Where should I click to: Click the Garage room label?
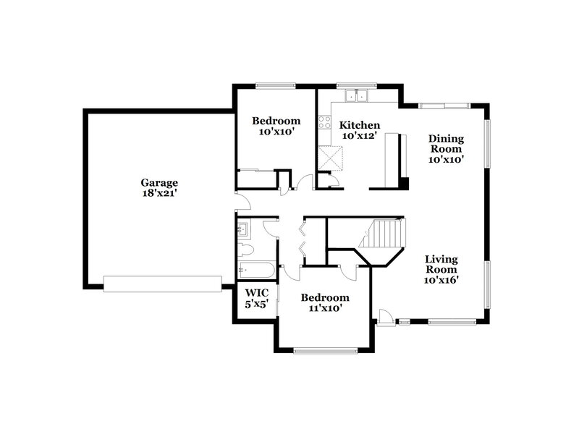(159, 183)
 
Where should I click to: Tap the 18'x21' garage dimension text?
(159, 193)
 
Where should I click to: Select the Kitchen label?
(360, 124)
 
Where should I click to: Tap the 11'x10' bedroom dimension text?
(325, 307)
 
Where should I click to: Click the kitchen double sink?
(357, 95)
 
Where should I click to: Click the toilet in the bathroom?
(245, 251)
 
